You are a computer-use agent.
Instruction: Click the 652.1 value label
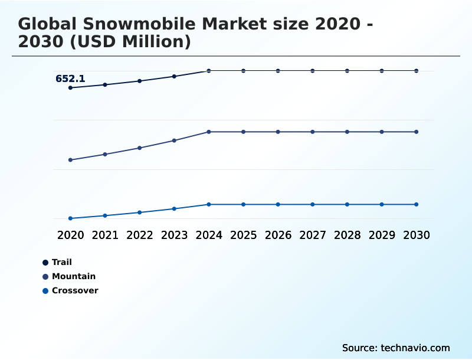(70, 78)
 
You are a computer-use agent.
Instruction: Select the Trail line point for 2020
(71, 88)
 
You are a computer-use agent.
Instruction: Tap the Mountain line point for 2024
(209, 132)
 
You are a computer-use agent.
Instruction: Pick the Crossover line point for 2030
(416, 204)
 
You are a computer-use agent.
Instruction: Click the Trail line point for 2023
(174, 76)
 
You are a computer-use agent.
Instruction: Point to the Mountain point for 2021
(105, 154)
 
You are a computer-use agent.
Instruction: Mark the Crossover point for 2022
(140, 212)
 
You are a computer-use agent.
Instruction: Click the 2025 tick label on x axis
(243, 235)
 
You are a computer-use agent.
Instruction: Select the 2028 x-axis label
(347, 235)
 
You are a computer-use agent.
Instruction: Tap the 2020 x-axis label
(71, 235)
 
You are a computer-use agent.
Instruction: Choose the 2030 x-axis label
(416, 235)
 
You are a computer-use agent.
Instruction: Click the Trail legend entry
(61, 262)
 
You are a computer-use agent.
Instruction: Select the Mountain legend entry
(73, 276)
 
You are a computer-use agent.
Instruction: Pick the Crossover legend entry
(74, 290)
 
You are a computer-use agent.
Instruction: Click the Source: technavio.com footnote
(396, 348)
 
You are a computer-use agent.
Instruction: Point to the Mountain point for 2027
(313, 132)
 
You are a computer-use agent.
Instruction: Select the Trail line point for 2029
(382, 71)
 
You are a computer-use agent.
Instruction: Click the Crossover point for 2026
(278, 204)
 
